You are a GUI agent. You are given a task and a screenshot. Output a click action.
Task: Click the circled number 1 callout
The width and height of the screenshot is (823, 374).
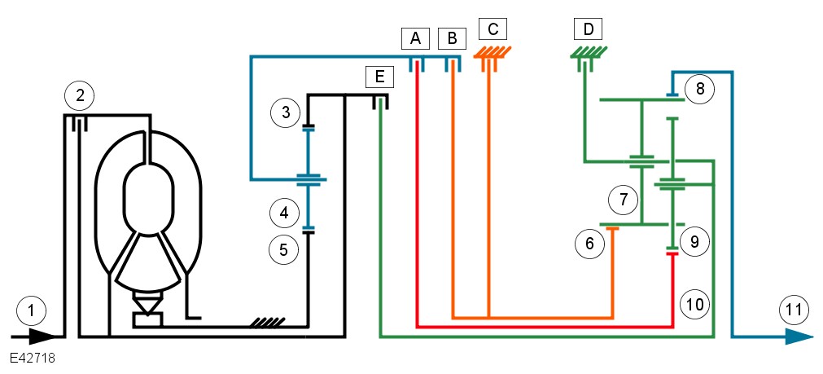pos(31,310)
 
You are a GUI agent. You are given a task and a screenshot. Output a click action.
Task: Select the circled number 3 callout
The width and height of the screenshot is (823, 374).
pos(285,112)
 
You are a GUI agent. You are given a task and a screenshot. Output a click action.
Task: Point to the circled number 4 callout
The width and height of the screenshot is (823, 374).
pos(283,213)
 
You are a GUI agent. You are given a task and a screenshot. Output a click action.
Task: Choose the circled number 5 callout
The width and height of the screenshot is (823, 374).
pos(283,250)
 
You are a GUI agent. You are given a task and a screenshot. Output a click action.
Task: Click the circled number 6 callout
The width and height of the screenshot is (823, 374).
pos(589,242)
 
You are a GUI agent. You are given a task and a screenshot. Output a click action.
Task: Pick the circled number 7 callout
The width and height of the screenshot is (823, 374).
pos(623,198)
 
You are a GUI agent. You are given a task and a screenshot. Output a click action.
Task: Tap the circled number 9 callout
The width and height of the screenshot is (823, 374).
pos(694,242)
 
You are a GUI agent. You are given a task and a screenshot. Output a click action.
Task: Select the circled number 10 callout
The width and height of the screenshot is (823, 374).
pos(694,304)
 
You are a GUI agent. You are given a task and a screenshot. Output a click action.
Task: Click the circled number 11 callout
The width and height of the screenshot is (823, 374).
pos(794,310)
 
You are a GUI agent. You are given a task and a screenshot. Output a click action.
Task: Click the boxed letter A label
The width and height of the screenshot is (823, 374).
pos(415,37)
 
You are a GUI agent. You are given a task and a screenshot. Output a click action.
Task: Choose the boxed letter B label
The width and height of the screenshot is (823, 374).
pos(452,37)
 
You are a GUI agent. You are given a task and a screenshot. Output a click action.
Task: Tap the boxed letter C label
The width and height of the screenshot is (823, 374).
pos(492,29)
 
